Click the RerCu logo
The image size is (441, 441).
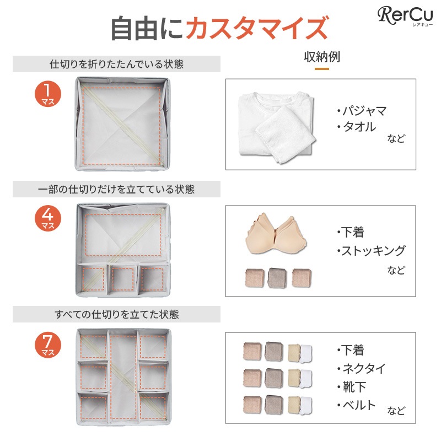(x=405, y=16)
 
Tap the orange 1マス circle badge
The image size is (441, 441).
(x=48, y=94)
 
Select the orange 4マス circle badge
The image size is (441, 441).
(x=48, y=218)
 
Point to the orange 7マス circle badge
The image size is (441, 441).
(x=48, y=345)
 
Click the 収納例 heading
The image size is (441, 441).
(x=322, y=57)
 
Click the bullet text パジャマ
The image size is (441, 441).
(x=364, y=111)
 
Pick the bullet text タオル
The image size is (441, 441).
(x=359, y=127)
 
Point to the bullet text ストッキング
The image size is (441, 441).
(x=373, y=250)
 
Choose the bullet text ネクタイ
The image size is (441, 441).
(x=363, y=368)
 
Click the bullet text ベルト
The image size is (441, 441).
(x=359, y=405)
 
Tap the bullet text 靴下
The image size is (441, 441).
(x=354, y=387)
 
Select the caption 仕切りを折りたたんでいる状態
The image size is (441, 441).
(x=116, y=64)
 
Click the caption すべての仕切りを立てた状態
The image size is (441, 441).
(x=116, y=314)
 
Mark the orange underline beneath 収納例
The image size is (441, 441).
(x=322, y=68)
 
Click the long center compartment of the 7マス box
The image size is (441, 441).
(x=123, y=377)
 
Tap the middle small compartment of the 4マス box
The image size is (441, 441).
(x=122, y=279)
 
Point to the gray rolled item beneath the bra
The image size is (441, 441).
(x=277, y=278)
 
